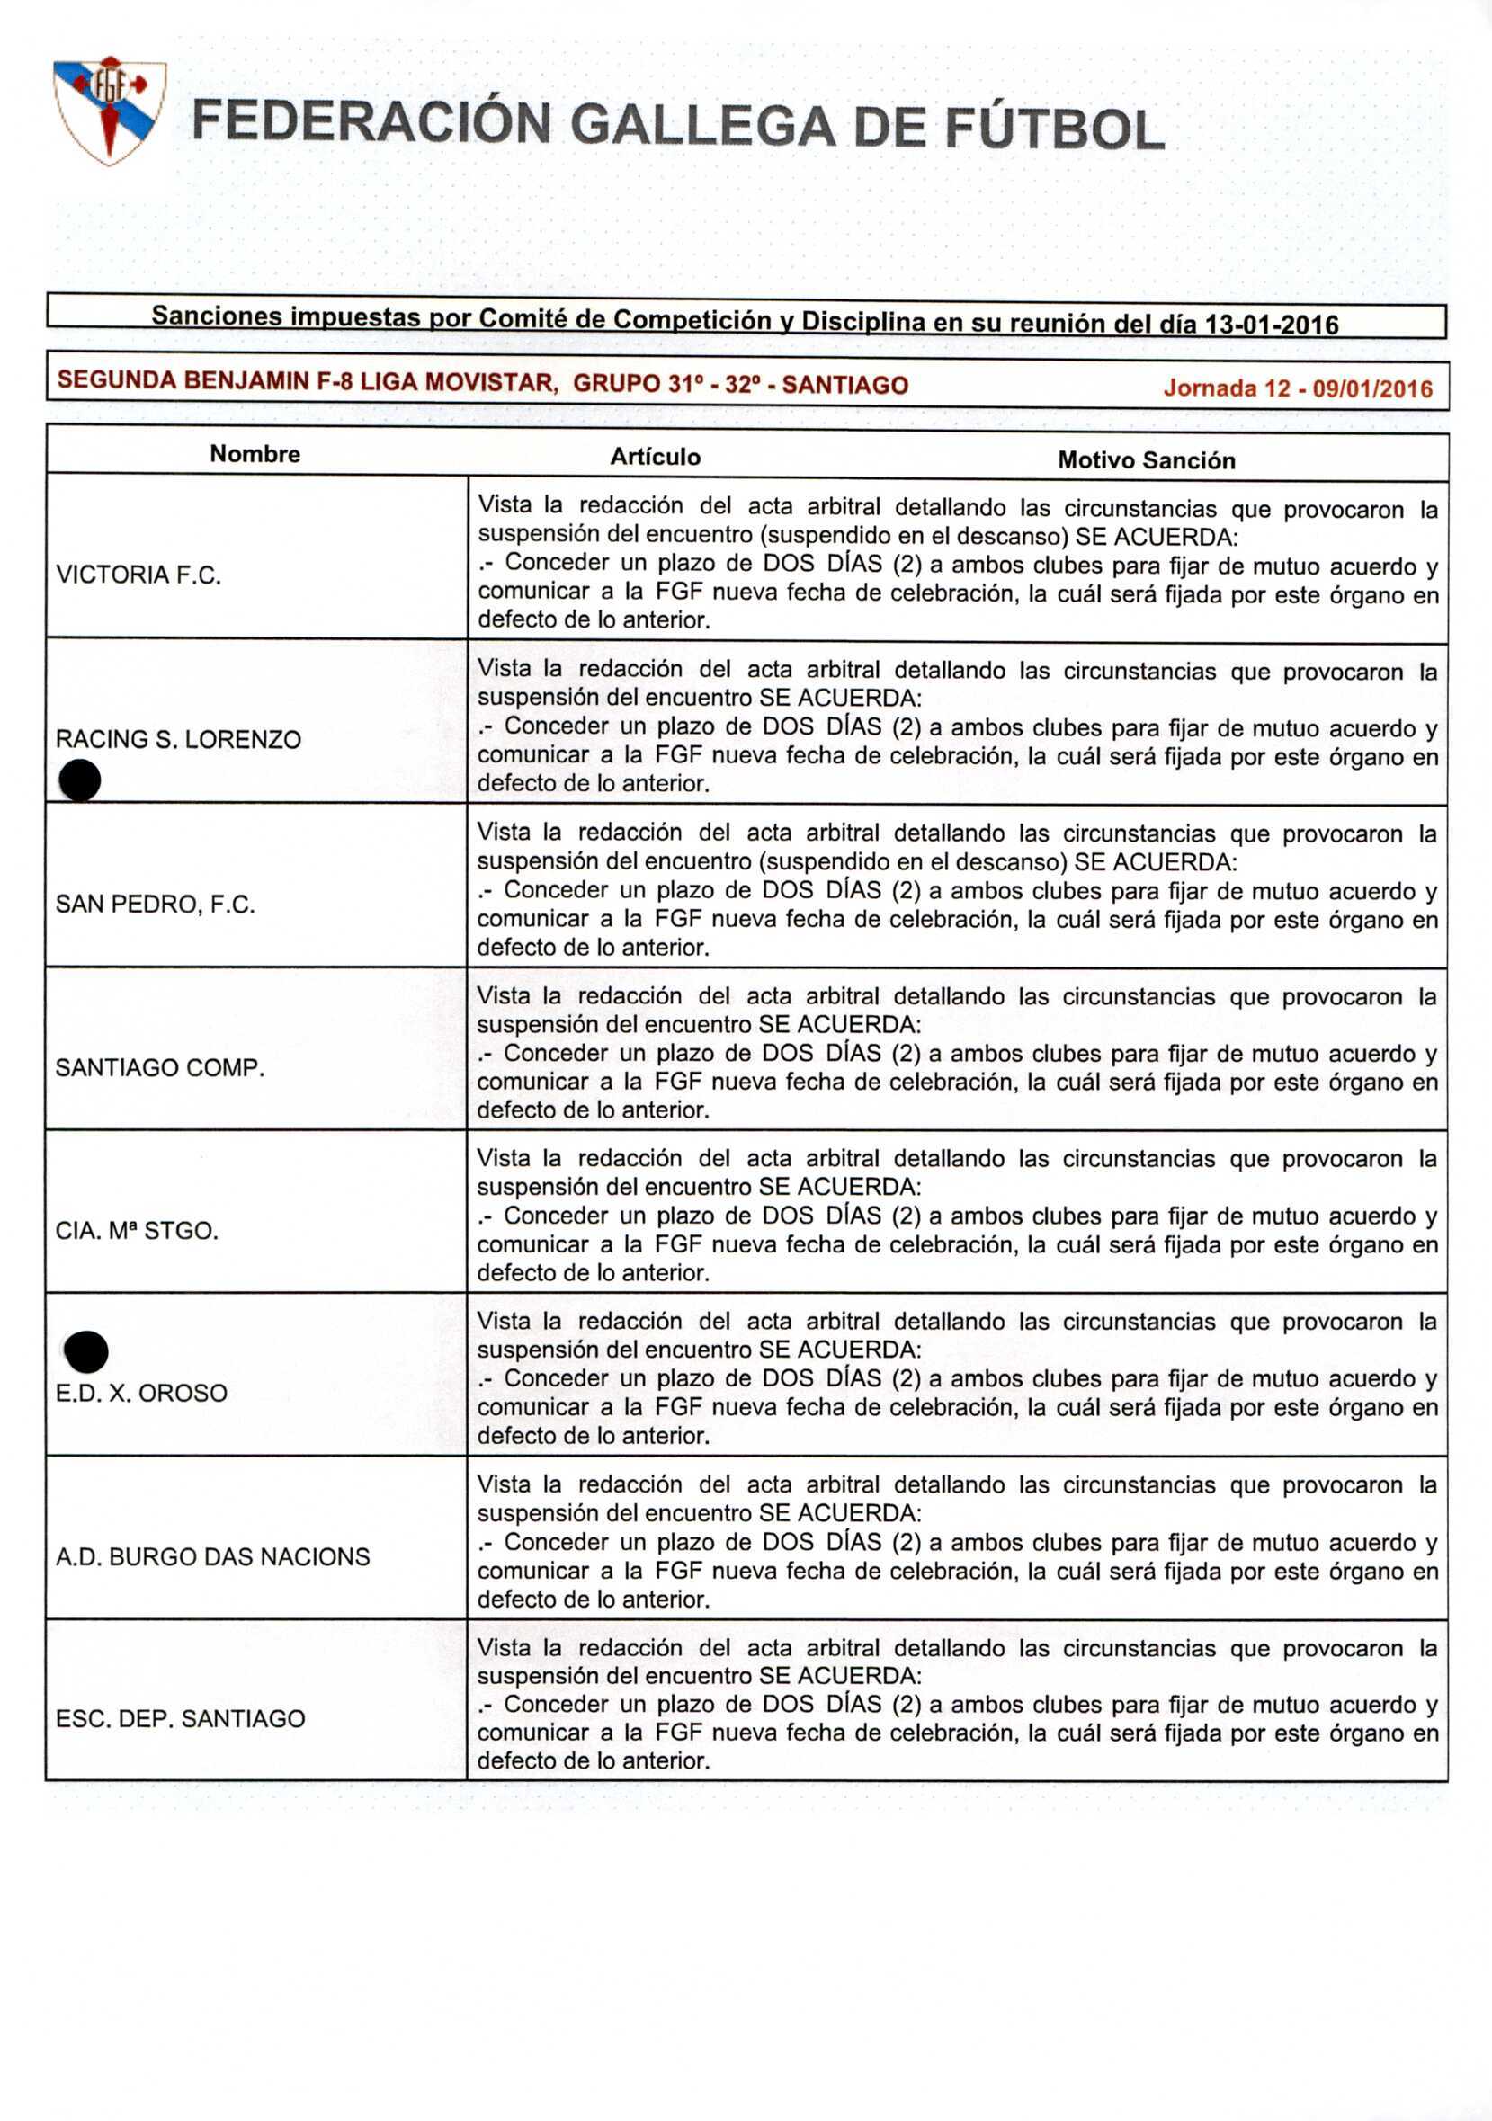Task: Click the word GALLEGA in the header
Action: (x=702, y=126)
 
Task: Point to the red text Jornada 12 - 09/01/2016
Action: (x=1297, y=388)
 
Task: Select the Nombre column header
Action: (x=255, y=453)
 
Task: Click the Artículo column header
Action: (x=655, y=457)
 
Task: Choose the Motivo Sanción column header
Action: (x=1146, y=460)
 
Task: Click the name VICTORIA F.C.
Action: (x=138, y=575)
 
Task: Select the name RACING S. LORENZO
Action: (x=178, y=739)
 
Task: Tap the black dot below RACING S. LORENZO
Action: (x=80, y=780)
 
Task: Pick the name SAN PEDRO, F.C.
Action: (x=156, y=904)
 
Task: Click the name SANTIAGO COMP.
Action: (x=160, y=1068)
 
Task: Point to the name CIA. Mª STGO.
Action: (x=137, y=1231)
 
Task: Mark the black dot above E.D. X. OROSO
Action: (x=87, y=1351)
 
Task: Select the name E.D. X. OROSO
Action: (x=141, y=1393)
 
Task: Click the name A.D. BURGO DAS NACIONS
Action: (x=212, y=1556)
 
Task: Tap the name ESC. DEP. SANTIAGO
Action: (x=180, y=1718)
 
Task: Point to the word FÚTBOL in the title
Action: (x=1055, y=129)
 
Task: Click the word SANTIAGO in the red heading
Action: (x=844, y=385)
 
